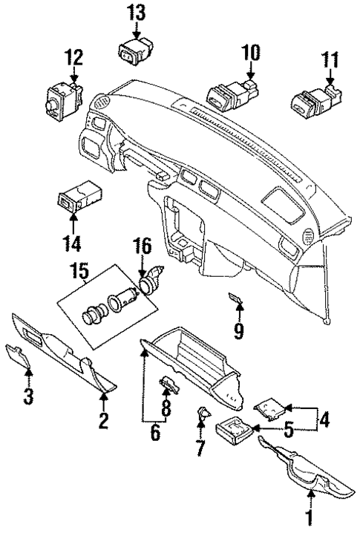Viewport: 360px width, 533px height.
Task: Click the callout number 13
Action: pos(137,12)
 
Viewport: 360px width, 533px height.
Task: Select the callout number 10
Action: pos(251,52)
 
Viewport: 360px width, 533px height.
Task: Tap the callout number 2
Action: pos(104,421)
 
